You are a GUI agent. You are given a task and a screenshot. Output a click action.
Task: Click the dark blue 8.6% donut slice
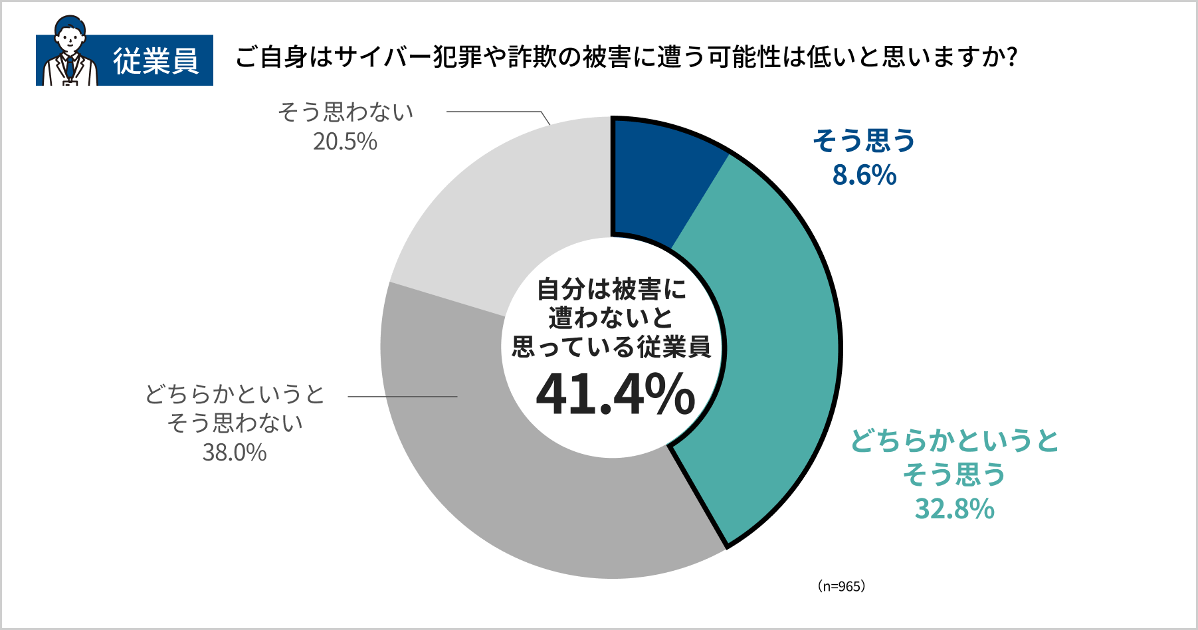(658, 179)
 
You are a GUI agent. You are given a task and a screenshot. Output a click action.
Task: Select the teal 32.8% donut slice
(777, 346)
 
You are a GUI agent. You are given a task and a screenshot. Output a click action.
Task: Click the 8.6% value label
(864, 175)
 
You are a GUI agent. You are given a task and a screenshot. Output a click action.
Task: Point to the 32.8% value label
(954, 509)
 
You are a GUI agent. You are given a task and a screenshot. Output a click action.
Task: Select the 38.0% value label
(235, 453)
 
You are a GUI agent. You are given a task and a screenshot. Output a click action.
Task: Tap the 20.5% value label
(345, 142)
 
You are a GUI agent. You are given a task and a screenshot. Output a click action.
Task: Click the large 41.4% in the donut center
(615, 395)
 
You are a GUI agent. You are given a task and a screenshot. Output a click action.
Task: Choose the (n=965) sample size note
(841, 586)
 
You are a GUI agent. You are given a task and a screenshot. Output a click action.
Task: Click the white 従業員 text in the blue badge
(156, 61)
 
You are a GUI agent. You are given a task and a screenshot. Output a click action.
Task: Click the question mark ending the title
(1012, 57)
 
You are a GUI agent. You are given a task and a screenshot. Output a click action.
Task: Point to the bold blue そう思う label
(864, 141)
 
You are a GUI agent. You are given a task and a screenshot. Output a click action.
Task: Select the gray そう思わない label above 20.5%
(346, 112)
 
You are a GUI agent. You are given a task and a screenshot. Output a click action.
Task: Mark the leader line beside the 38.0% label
(403, 397)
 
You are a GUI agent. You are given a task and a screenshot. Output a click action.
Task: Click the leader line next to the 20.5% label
(495, 112)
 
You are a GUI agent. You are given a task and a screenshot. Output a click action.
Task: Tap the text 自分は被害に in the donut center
(611, 290)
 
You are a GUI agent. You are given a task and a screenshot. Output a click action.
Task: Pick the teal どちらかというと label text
(954, 441)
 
